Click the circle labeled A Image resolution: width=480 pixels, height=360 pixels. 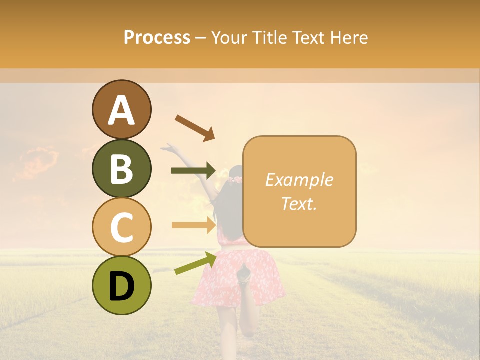(x=121, y=110)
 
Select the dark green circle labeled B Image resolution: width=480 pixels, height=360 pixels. (x=121, y=168)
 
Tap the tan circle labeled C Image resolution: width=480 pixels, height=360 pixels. (x=121, y=227)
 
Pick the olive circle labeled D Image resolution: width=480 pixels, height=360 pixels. (x=121, y=285)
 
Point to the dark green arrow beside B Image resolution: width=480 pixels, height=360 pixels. (x=193, y=171)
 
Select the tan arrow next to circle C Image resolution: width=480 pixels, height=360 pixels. (x=193, y=225)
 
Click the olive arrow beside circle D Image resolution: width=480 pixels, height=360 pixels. (x=195, y=263)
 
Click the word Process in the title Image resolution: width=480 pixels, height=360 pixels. (x=157, y=37)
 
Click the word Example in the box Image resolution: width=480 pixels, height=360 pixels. (x=299, y=180)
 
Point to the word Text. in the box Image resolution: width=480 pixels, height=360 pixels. (x=299, y=203)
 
